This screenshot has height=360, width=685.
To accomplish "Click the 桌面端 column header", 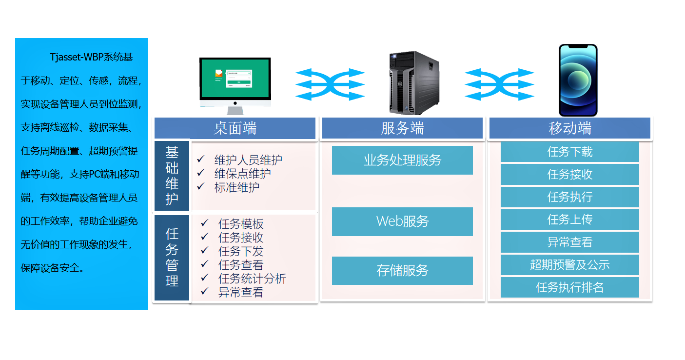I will pos(235,128).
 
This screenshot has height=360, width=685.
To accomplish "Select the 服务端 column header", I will pos(402,128).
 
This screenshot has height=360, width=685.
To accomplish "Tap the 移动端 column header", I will pos(569,128).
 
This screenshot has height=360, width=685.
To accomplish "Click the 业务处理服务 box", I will pos(402,160).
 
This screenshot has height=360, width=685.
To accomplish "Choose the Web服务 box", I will pos(402,221).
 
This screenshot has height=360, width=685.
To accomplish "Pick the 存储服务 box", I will pos(402,271).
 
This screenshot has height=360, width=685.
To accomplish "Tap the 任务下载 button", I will pos(569,152).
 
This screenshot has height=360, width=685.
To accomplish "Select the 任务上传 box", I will pos(569,220).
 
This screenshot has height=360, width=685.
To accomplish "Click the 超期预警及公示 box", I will pos(569,265).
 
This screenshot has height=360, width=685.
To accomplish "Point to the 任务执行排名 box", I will pos(569,287).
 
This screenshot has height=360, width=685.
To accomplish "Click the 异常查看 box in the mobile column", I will pos(569,242).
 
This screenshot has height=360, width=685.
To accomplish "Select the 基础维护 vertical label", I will pos(172,176).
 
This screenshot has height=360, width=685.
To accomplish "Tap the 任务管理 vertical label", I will pos(172,258).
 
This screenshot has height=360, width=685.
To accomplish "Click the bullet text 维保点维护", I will pos(242,173).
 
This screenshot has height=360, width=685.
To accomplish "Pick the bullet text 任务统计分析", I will pos(252,279).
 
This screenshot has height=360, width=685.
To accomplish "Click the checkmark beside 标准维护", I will pos(200,186).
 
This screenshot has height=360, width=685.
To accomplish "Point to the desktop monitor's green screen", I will pos(235,78).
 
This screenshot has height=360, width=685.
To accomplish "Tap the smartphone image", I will pos(578,80).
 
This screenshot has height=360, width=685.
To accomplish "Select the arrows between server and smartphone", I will pos(499,84).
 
